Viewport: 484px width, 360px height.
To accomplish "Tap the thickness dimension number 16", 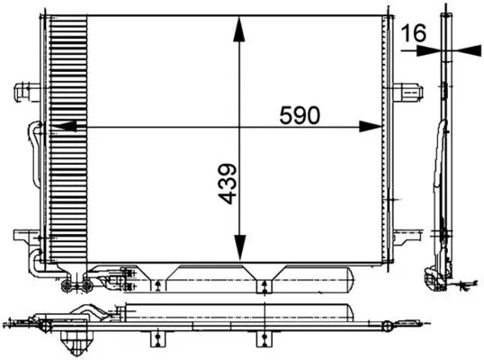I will pos(413,33).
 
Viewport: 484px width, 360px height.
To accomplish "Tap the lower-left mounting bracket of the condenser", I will pos(23,238).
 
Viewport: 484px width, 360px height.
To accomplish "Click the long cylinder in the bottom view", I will pos(243,315).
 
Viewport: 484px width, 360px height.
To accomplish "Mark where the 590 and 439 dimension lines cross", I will pos(238,127).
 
